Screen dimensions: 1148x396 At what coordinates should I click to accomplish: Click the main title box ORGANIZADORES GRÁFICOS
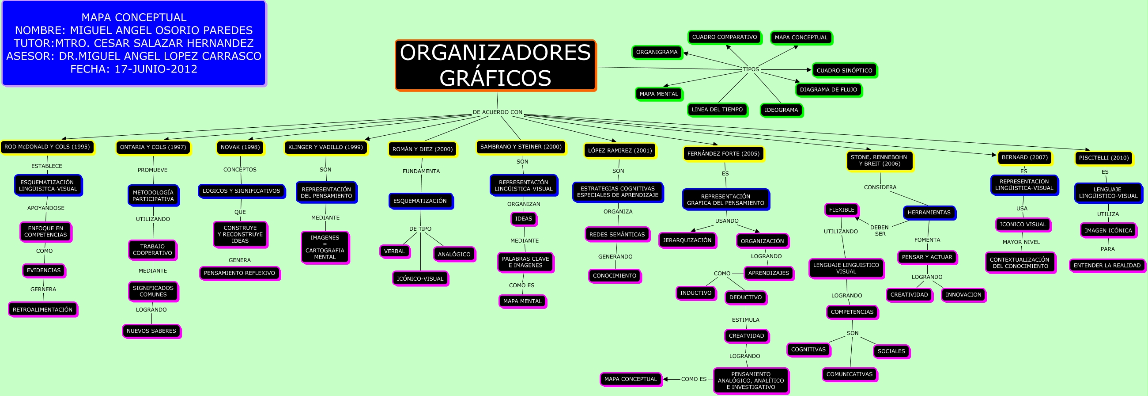495,65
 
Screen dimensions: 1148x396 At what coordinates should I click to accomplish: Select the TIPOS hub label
751,69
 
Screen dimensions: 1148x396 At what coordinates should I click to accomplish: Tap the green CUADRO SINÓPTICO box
844,70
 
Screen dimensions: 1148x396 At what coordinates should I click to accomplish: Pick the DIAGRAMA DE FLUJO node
828,90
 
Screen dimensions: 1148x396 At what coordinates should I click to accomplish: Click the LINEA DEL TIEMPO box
717,110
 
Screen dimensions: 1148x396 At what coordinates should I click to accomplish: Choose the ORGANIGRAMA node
657,52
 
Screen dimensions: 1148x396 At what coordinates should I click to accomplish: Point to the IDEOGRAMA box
781,110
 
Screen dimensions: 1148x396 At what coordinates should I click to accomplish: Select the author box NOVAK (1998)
240,148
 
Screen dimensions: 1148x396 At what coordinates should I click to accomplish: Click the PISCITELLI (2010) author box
1103,158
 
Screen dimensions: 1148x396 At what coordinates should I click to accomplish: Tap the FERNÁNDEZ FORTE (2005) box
723,154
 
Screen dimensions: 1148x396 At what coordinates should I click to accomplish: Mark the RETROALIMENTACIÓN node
42,309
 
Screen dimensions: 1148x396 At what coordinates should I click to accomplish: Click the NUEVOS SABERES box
151,331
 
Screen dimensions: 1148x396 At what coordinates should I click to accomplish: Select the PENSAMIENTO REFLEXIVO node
239,273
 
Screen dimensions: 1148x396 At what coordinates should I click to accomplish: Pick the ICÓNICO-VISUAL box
420,279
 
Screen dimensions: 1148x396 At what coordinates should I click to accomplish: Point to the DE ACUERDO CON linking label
497,112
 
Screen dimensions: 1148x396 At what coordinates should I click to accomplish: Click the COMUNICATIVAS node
849,374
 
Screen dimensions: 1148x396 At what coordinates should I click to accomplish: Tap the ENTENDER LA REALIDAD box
1107,265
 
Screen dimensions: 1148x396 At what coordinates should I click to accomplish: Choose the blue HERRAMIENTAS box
929,213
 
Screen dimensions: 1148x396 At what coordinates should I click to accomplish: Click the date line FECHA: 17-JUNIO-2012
134,69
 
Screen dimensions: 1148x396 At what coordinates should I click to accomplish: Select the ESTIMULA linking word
745,320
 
